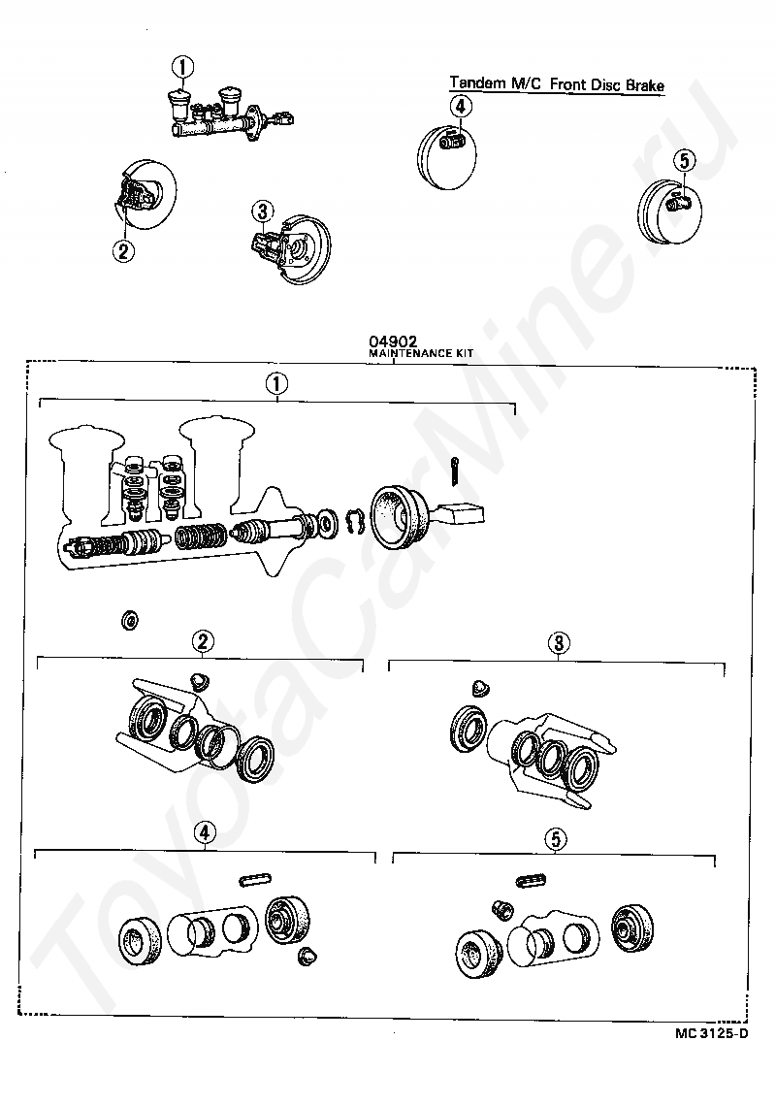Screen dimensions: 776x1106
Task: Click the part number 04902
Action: (x=393, y=342)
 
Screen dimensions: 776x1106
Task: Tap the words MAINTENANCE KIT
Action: (x=421, y=353)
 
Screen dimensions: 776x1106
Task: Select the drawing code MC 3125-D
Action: (x=711, y=1033)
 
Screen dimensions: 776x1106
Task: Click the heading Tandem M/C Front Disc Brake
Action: (x=558, y=84)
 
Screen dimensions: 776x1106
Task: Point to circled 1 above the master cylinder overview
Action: (x=182, y=68)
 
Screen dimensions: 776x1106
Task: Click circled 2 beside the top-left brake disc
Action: (x=123, y=251)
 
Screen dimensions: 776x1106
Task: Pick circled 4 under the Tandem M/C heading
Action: (x=460, y=107)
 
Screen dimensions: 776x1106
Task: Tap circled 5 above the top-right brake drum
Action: (x=684, y=161)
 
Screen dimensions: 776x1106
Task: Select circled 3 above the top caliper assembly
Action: (x=262, y=211)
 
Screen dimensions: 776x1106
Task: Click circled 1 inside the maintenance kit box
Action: (x=276, y=384)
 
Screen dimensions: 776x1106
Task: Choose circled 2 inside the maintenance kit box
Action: (x=203, y=642)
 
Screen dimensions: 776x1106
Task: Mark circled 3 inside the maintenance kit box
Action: (x=559, y=643)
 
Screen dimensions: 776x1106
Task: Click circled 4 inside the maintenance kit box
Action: (x=204, y=833)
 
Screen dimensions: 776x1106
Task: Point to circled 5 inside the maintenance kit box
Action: (x=556, y=839)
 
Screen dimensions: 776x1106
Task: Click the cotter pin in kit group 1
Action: (x=455, y=472)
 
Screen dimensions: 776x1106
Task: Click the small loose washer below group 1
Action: (x=130, y=621)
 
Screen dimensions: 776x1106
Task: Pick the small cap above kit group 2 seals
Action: (x=201, y=681)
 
